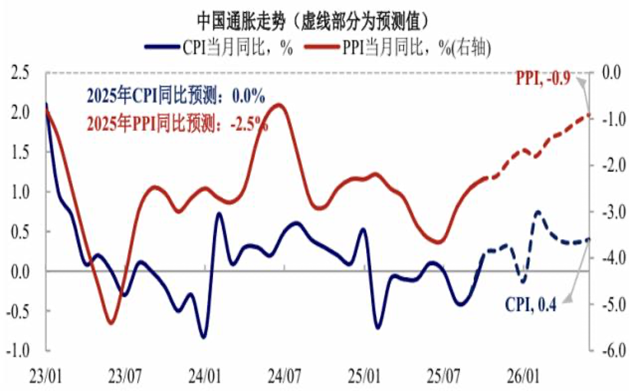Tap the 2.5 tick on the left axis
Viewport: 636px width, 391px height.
coord(21,73)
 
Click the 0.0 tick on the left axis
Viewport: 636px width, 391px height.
coord(21,271)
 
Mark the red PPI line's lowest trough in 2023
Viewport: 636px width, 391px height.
coord(110,323)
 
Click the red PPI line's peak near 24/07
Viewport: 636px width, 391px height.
coord(280,105)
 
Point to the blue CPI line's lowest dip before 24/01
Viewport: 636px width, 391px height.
coord(203,337)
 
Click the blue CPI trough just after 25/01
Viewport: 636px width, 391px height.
coord(378,327)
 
